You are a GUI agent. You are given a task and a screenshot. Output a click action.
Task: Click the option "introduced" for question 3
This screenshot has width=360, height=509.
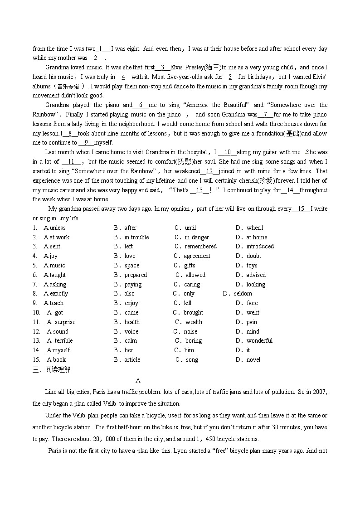tap(260, 247)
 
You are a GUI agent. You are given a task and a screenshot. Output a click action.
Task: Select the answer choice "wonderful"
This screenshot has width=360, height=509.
tap(259, 341)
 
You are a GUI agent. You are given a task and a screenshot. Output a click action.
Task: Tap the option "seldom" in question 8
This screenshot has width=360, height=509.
tap(243, 294)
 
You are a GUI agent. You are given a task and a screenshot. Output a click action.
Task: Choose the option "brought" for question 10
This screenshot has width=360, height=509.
tap(193, 313)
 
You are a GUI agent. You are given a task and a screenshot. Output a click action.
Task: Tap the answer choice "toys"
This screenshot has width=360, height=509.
tap(252, 266)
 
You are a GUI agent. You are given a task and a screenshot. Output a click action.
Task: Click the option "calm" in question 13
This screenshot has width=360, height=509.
tap(131, 341)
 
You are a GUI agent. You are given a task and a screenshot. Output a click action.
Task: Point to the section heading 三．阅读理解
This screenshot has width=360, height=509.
tap(51, 370)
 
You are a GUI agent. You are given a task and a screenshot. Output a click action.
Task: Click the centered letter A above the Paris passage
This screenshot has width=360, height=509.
tap(138, 381)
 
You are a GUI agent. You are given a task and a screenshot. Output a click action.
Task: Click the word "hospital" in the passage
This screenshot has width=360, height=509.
tap(195, 152)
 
